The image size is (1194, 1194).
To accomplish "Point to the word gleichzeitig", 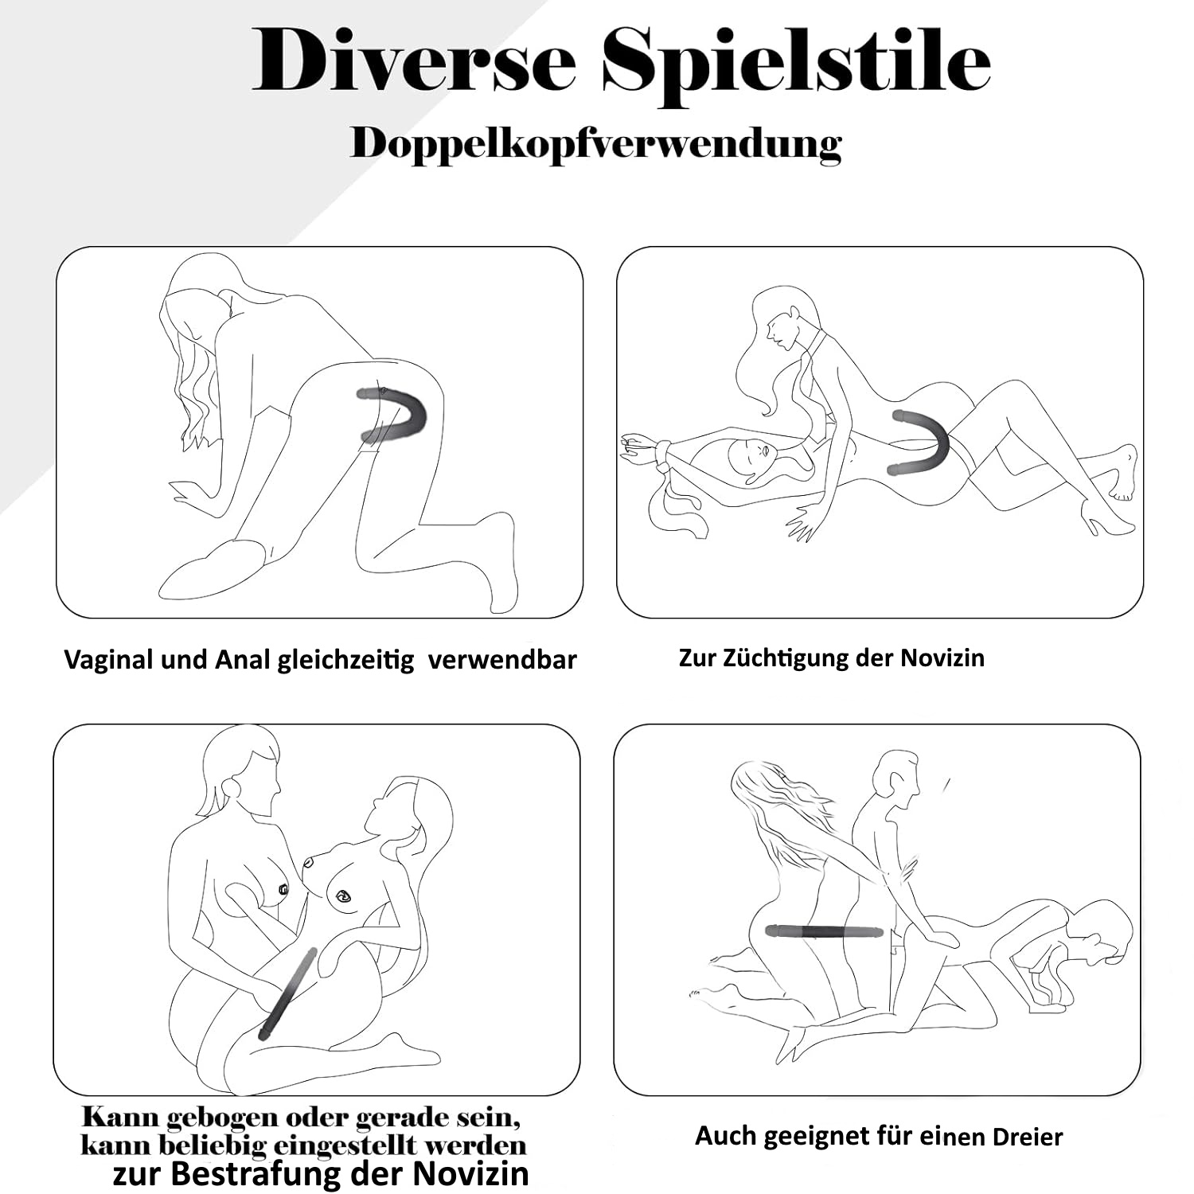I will (345, 661).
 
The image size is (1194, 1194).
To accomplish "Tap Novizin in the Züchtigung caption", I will (942, 658).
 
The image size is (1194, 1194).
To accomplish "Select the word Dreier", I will (1027, 1137).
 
